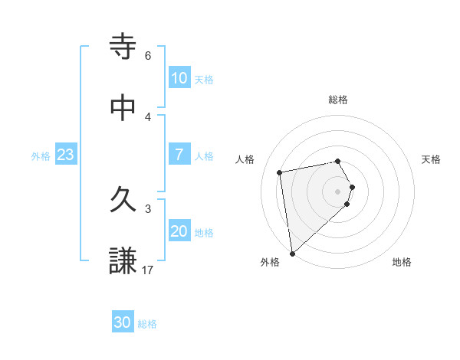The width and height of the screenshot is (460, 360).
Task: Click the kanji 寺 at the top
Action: (x=123, y=45)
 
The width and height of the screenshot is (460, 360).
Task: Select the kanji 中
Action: (x=123, y=108)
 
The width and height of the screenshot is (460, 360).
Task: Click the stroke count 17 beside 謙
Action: (x=147, y=270)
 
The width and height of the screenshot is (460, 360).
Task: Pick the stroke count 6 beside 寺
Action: (x=147, y=56)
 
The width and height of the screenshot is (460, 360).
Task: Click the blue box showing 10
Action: (x=179, y=78)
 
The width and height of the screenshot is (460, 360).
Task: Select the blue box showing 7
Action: (x=179, y=155)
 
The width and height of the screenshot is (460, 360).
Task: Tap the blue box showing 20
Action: (x=179, y=231)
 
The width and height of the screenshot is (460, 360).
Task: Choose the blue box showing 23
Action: (x=66, y=155)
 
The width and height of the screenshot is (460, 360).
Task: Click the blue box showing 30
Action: (x=123, y=322)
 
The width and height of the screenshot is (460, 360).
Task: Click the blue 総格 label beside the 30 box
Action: (x=147, y=324)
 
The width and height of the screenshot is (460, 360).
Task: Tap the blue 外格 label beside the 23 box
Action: (x=41, y=156)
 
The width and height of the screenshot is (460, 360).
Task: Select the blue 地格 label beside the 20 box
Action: (x=204, y=233)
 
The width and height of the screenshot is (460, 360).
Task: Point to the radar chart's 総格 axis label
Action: (x=338, y=100)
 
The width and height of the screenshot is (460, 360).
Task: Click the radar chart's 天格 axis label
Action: (x=432, y=159)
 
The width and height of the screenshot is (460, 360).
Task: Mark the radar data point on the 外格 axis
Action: (x=292, y=253)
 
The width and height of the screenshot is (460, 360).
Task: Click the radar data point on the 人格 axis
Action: (x=280, y=172)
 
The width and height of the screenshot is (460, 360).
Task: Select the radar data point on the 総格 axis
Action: (x=338, y=161)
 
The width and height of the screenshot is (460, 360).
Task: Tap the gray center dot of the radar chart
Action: (x=338, y=191)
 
